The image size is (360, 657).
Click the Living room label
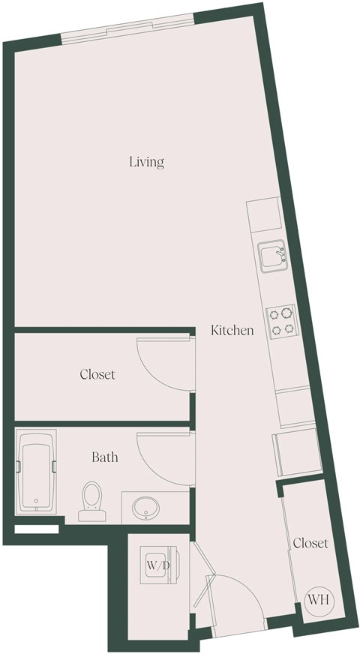(146, 161)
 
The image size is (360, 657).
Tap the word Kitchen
(232, 330)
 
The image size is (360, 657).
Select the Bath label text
(104, 456)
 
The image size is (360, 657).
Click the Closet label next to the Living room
(97, 373)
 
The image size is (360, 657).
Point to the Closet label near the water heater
(310, 543)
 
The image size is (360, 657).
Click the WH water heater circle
(318, 598)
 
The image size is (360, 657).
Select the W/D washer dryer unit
(157, 565)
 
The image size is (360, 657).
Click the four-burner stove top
(281, 321)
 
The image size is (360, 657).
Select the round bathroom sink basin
(144, 508)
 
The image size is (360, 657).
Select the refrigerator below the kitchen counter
(298, 452)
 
